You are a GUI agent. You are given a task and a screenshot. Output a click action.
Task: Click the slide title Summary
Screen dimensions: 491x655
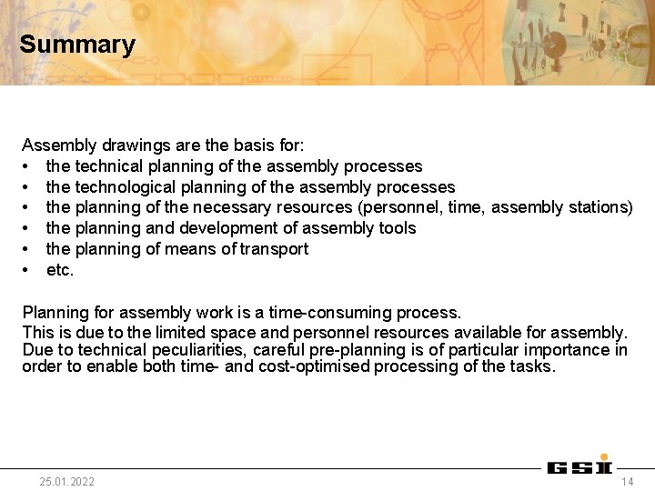pos(77,45)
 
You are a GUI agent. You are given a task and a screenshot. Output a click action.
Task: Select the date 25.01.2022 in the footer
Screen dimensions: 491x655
pos(66,481)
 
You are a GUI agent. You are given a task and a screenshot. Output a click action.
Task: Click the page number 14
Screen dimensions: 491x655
pos(627,481)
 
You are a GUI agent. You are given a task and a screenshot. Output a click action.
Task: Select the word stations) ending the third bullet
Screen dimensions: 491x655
pos(599,207)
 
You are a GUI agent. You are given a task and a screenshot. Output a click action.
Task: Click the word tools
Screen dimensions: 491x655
pos(397,228)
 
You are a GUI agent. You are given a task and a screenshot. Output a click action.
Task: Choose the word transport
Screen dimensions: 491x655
pos(275,249)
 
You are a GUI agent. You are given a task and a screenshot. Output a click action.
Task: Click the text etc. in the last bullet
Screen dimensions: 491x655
pos(60,270)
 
